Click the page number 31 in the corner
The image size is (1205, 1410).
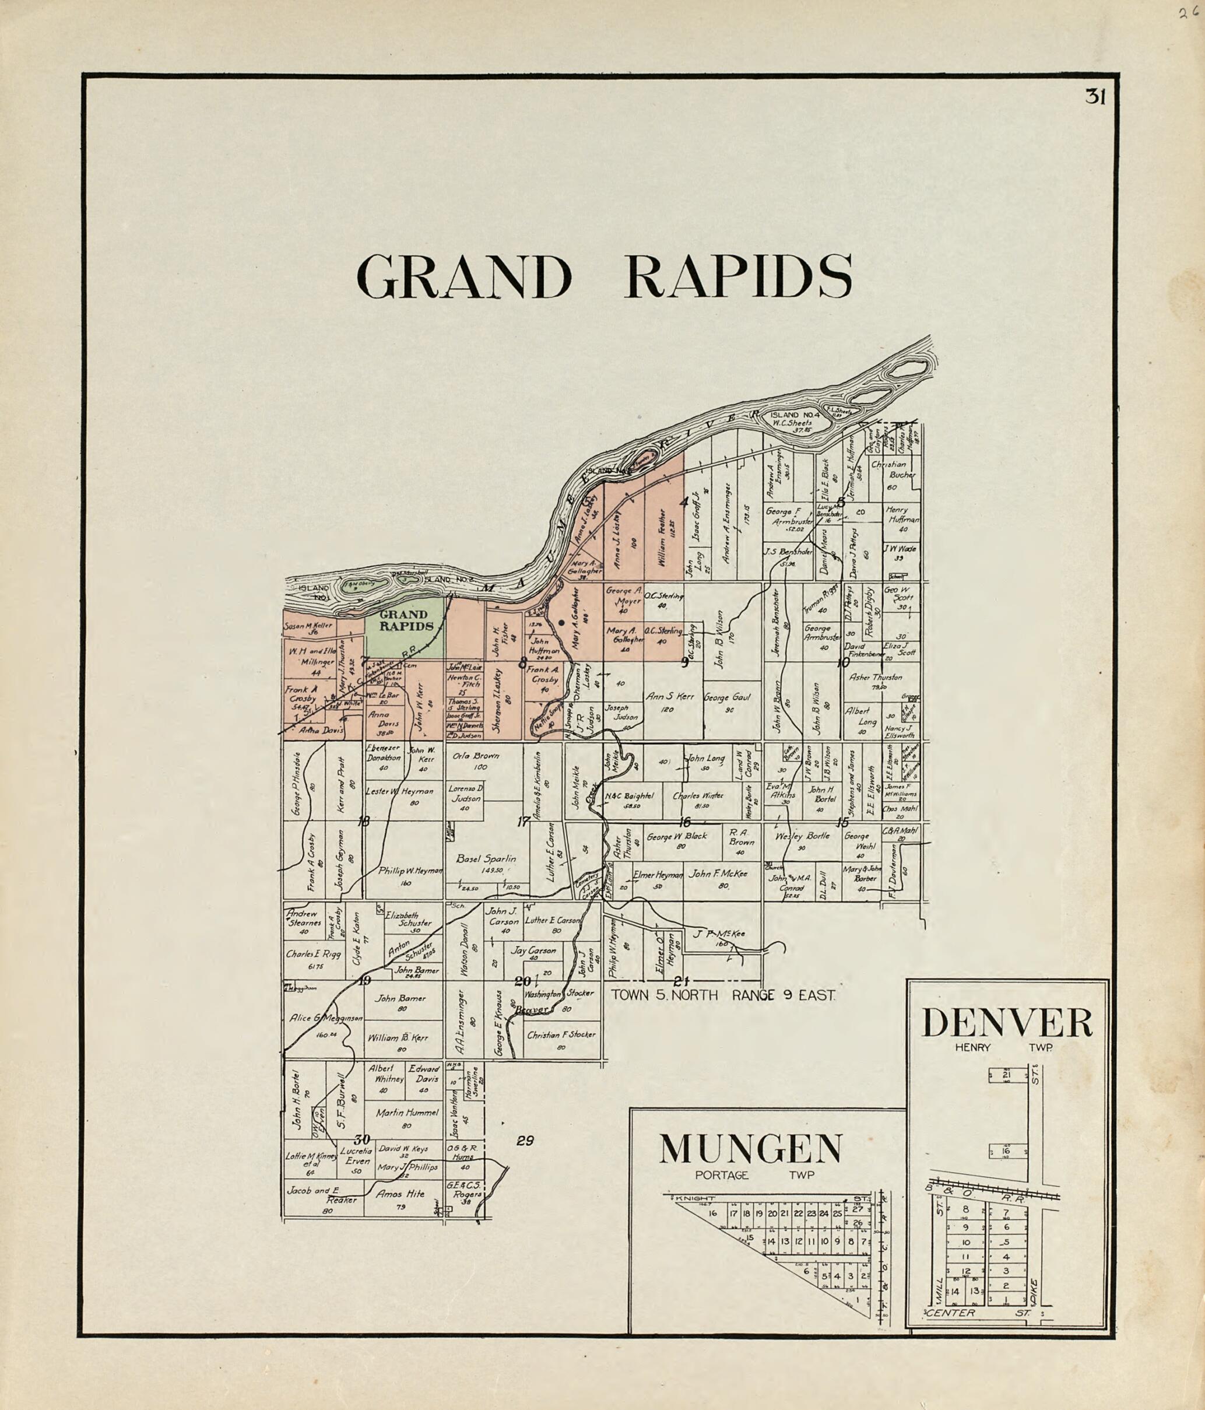[1095, 97]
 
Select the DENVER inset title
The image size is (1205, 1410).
[1006, 1023]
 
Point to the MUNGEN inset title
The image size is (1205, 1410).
[750, 1149]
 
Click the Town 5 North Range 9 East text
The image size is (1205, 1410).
[722, 995]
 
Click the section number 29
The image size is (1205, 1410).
[525, 1141]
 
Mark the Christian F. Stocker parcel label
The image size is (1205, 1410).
[562, 1034]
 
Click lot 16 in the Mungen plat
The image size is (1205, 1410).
[712, 1213]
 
